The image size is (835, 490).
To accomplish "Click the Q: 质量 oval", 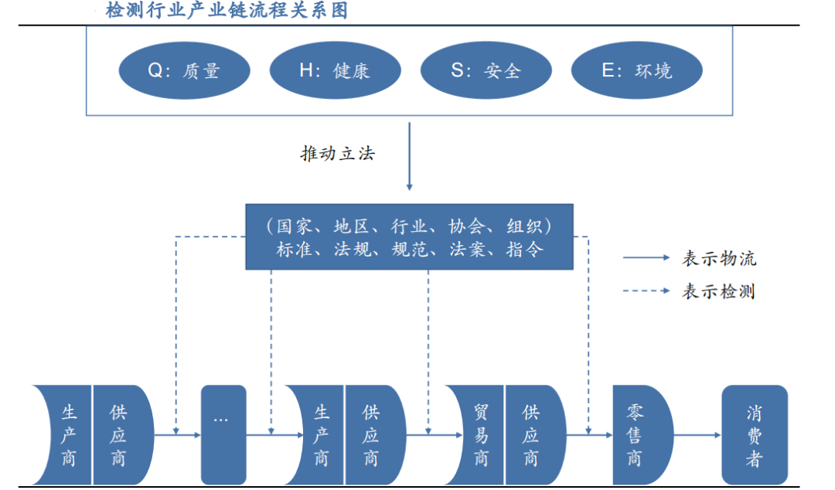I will click(x=184, y=71).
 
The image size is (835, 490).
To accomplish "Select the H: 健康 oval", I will click(x=335, y=71).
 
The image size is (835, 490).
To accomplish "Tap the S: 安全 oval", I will click(x=486, y=71).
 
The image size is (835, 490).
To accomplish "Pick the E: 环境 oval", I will click(x=636, y=71).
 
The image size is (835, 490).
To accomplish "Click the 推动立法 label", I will click(x=337, y=154).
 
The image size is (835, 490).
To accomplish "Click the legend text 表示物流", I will click(x=718, y=258).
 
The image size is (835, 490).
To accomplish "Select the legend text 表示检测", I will click(x=718, y=291).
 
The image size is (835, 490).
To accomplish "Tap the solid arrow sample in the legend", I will click(x=646, y=258).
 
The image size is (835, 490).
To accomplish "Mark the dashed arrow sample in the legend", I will click(x=646, y=291).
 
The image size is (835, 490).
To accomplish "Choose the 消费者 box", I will click(x=754, y=435).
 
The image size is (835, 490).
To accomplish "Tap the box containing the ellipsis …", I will click(x=223, y=435).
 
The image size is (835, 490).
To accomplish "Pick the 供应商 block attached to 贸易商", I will click(x=533, y=435).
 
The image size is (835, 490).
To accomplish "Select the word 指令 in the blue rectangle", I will click(x=525, y=250).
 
